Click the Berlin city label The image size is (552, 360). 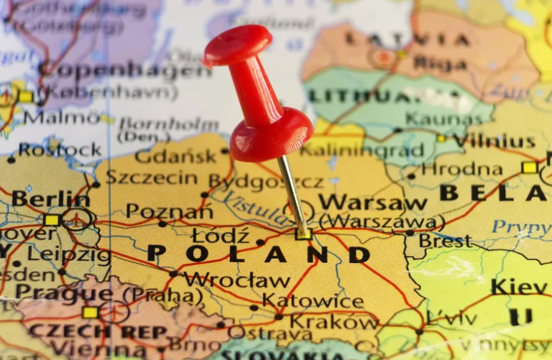tap(50, 198)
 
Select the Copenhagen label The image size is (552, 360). tap(124, 70)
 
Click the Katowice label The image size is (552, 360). tap(313, 301)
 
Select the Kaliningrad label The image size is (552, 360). tap(362, 150)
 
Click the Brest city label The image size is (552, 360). tap(446, 241)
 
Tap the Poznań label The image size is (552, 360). tap(169, 211)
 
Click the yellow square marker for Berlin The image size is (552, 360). tap(51, 220)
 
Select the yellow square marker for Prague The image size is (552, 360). tap(90, 312)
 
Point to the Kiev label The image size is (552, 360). tap(518, 286)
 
